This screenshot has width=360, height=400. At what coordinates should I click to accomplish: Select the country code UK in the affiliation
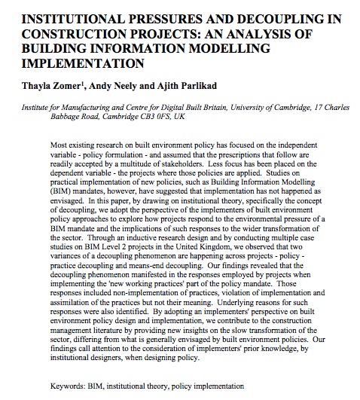pyautogui.click(x=203, y=121)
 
